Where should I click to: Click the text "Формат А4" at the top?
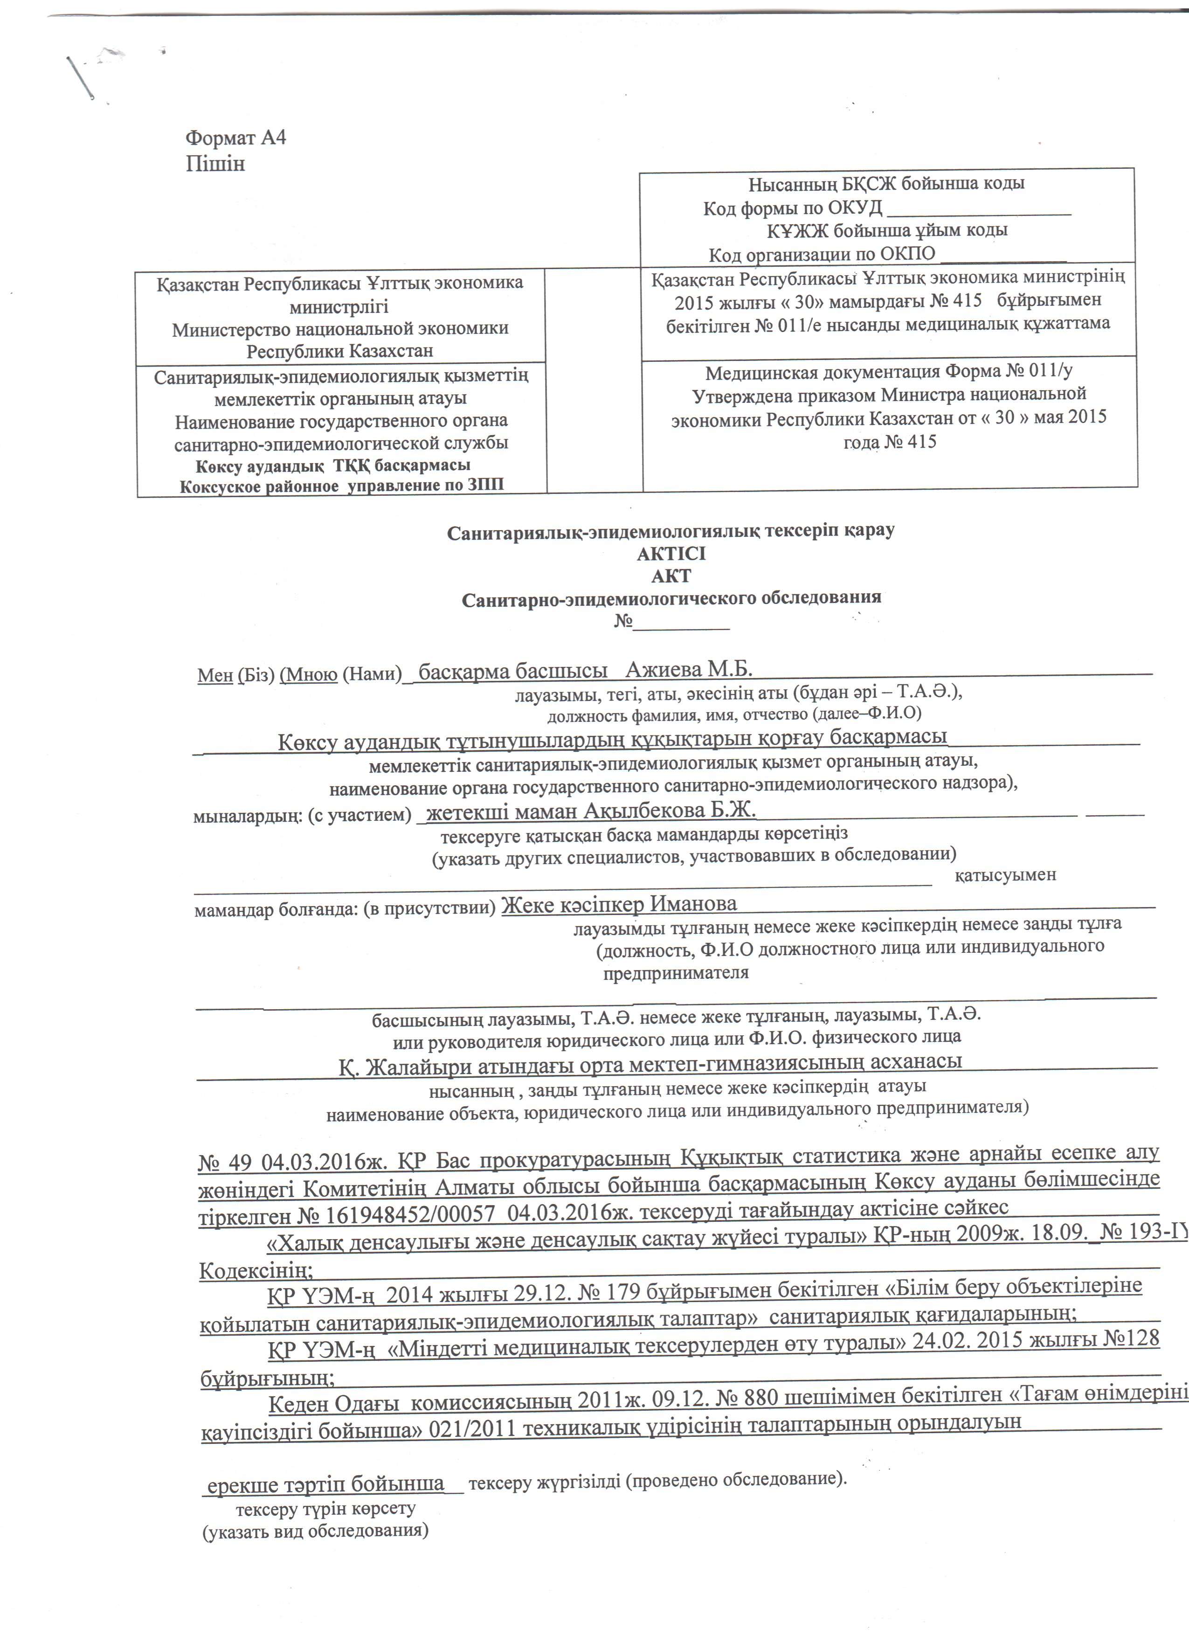236,138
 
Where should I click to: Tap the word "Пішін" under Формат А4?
215,164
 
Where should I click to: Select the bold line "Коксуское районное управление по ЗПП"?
341,485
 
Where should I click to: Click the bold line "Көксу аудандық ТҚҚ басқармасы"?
332,465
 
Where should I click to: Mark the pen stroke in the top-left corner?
80,77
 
